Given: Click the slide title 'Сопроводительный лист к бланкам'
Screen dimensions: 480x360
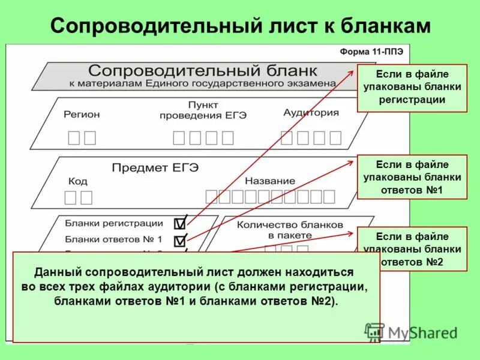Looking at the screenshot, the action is pos(240,25).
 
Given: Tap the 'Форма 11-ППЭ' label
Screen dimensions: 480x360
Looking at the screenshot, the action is pos(371,52).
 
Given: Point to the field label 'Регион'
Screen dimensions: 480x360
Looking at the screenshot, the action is pos(82,114).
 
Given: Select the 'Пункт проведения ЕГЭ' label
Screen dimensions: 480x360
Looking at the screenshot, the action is pos(203,110).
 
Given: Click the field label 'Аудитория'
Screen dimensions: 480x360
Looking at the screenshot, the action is pos(311,113).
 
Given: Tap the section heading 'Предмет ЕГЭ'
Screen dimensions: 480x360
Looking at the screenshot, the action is pos(155,167).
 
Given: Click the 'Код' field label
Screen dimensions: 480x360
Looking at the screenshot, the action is pos(78,181).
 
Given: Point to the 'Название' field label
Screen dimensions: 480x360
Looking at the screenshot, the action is pos(270,181).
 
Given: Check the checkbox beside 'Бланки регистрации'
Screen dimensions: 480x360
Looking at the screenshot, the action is pos(179,224).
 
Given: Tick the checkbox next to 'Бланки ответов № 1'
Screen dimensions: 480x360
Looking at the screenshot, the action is pos(179,241).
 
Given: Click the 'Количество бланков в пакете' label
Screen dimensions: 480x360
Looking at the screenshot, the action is pos(290,229).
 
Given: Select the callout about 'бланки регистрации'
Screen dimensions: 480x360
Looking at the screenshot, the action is pos(412,88).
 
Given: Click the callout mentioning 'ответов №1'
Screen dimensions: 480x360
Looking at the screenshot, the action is pos(412,177).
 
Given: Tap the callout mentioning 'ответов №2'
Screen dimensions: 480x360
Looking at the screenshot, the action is pos(412,249).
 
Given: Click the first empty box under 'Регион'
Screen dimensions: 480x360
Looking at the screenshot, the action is pos(74,138).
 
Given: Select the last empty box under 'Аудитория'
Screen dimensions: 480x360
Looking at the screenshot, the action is pos(335,138).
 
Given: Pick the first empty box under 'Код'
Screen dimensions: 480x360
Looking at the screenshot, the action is pos(71,197).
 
